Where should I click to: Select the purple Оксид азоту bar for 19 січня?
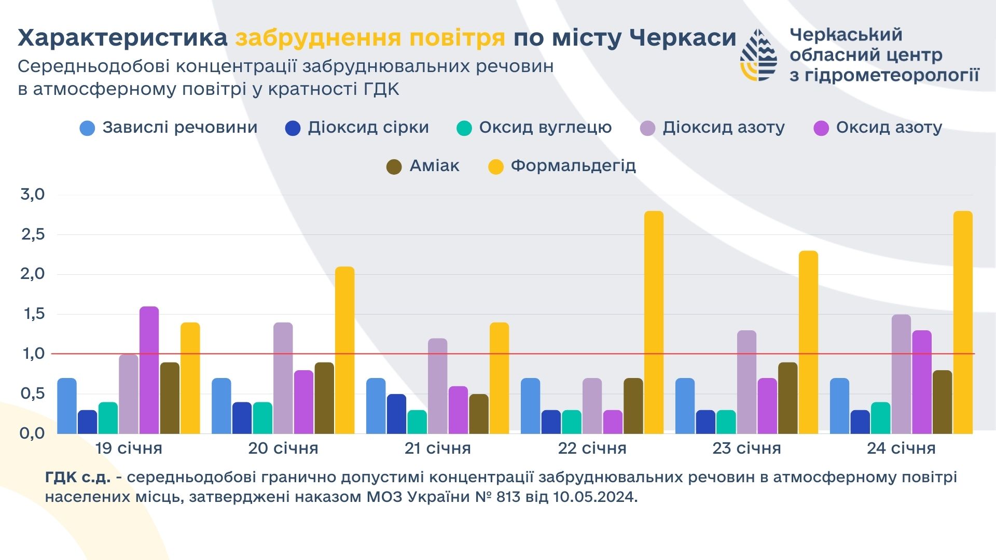coord(149,370)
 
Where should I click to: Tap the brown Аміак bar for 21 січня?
coord(479,414)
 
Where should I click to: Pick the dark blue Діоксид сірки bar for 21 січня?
coord(397,414)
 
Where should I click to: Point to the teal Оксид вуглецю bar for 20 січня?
coord(263,418)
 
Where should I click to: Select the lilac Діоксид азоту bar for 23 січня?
coord(746,382)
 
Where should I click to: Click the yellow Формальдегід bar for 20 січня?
coord(344,351)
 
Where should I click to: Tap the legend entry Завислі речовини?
coord(169,128)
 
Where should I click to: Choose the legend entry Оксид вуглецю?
coord(534,128)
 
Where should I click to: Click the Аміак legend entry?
coord(423,166)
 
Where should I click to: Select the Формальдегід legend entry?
coord(562,166)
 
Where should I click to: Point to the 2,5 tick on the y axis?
coord(33,234)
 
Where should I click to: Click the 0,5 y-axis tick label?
coord(33,394)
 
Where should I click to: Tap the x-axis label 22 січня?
coord(592,448)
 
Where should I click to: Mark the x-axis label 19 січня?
coord(129,448)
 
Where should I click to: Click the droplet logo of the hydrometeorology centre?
coord(758,55)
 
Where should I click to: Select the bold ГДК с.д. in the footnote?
coord(78,477)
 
